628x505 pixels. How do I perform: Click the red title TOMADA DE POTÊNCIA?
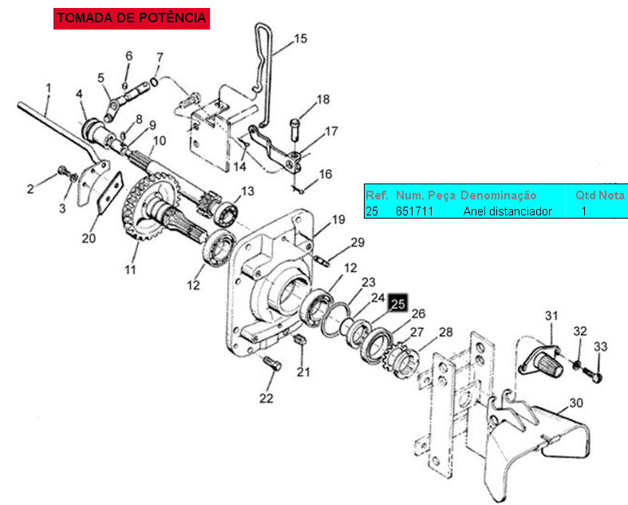(132, 18)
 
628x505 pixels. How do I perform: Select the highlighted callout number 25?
(398, 304)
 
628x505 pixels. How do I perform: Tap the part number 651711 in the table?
(414, 211)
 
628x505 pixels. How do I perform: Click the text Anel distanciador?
(508, 211)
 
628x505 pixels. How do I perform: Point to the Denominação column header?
(498, 195)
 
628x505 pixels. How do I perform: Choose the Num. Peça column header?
(426, 195)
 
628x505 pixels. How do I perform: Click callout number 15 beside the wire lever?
(300, 39)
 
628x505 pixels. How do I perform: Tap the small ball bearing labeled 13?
(225, 214)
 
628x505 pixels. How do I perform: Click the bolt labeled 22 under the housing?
(272, 362)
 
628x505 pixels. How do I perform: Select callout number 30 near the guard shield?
(576, 402)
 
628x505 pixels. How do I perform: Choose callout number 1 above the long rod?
(49, 88)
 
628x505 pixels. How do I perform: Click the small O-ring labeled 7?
(154, 82)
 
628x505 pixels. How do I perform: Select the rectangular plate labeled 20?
(110, 193)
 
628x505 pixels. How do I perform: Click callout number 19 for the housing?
(338, 219)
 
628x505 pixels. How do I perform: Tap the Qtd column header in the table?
(584, 195)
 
